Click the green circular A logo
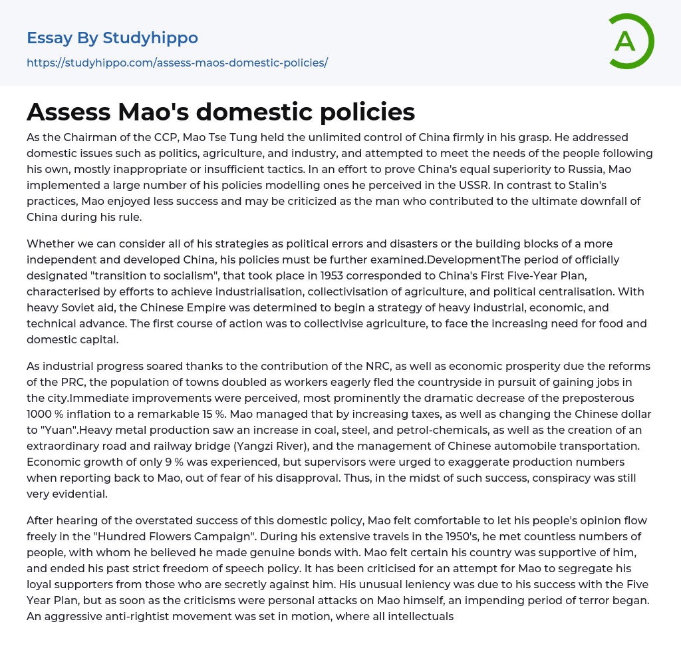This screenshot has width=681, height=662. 630,41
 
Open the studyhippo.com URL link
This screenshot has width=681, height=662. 177,63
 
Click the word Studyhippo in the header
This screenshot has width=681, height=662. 150,38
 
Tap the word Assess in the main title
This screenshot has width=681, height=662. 68,112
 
